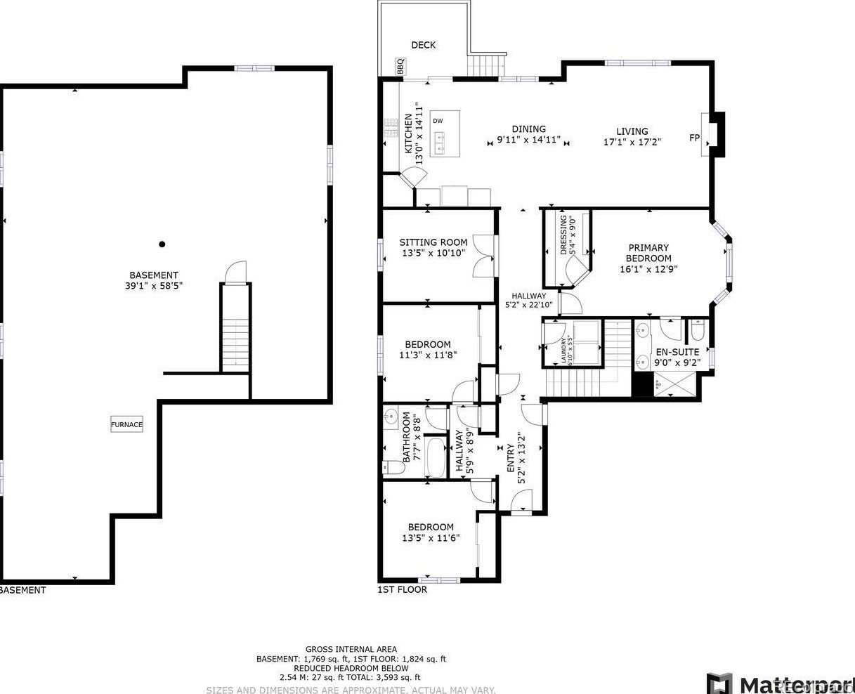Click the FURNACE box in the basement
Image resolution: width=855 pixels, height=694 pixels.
click(x=126, y=424)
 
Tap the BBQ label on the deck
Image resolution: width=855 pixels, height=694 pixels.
click(x=400, y=67)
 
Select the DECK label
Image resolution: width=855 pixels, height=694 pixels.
click(x=423, y=45)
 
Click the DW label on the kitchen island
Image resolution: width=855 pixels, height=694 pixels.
click(x=438, y=121)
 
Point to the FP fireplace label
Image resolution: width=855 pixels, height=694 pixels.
click(x=694, y=138)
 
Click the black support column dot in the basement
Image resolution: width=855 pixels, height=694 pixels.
click(x=162, y=244)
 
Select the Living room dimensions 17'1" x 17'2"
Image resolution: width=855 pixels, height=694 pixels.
click(x=632, y=141)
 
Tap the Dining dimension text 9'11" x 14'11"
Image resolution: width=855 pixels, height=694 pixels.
click(x=528, y=140)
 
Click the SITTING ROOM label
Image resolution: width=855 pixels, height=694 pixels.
click(x=433, y=242)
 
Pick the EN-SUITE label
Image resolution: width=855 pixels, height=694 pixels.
click(x=677, y=352)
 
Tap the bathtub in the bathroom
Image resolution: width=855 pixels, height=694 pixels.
click(x=436, y=457)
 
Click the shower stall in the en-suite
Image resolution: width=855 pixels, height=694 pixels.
click(x=676, y=385)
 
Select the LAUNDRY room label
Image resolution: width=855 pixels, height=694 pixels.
click(x=563, y=348)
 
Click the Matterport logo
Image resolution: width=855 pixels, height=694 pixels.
click(x=780, y=683)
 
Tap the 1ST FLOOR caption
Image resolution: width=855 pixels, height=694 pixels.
click(x=402, y=590)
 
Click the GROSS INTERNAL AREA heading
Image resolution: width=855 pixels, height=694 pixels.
click(x=351, y=649)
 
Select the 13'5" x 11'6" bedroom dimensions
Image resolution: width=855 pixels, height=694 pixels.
click(x=431, y=538)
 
